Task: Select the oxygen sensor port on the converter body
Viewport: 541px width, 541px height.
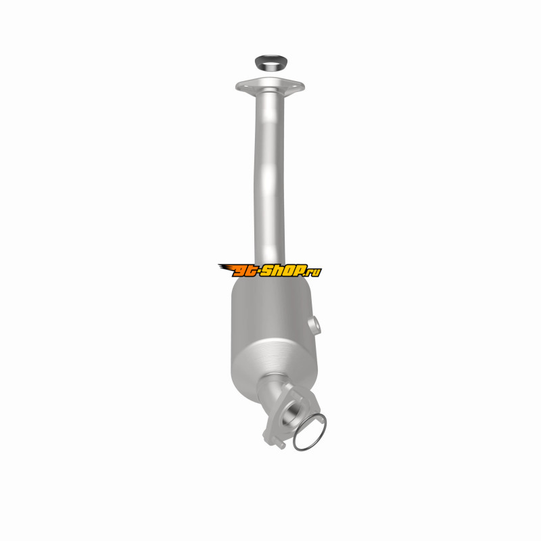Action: (x=314, y=325)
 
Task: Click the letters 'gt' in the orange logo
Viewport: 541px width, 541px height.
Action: (x=245, y=271)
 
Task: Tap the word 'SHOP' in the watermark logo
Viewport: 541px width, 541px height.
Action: (x=283, y=270)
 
